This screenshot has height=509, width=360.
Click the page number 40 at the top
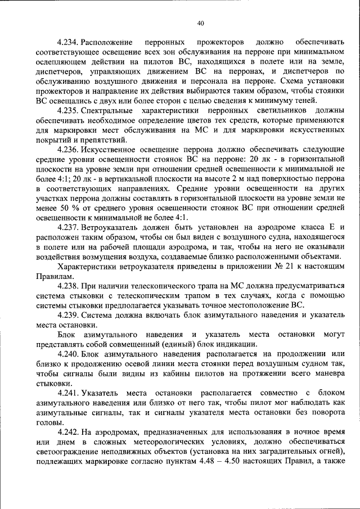coord(201,22)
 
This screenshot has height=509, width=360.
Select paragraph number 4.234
coord(68,43)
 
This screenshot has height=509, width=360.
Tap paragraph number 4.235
coord(68,112)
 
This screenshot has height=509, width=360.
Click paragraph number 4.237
coord(68,242)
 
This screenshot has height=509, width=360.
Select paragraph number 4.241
coord(68,393)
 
